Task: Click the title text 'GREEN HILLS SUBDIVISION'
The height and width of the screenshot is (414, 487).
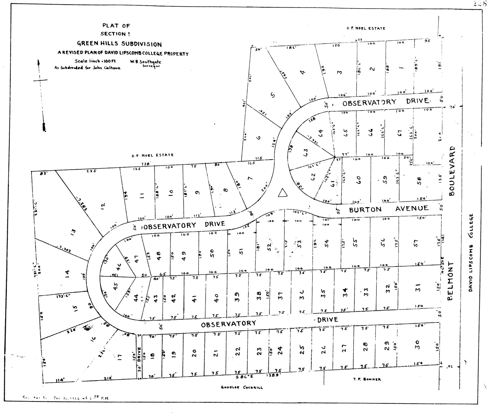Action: [119, 44]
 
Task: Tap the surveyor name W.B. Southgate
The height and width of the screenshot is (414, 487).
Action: [145, 62]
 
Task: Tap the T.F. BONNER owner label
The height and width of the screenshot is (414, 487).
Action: [367, 379]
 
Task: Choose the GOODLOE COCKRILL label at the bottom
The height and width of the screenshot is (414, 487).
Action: [242, 387]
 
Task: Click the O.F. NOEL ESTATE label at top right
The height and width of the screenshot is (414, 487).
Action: [366, 28]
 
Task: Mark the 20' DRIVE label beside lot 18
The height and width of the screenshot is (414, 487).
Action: [139, 358]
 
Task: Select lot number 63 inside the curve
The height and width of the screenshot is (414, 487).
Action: [306, 151]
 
